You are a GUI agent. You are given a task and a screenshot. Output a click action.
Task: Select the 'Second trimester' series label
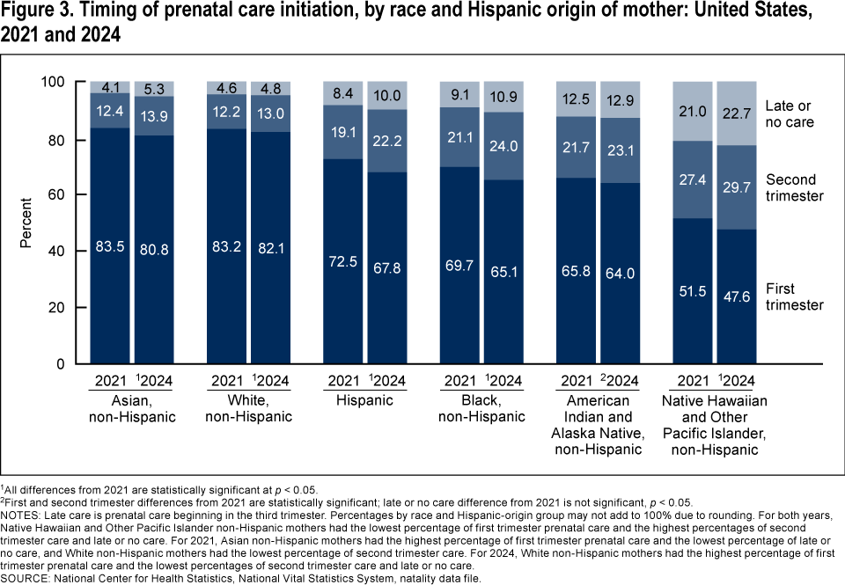794,187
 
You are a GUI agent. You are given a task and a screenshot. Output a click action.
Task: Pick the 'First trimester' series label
794,296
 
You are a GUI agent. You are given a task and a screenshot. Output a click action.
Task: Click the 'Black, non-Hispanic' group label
483,407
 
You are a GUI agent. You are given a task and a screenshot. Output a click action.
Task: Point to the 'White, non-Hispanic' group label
249,407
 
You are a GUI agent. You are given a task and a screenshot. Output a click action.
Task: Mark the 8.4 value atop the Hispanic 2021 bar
343,93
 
